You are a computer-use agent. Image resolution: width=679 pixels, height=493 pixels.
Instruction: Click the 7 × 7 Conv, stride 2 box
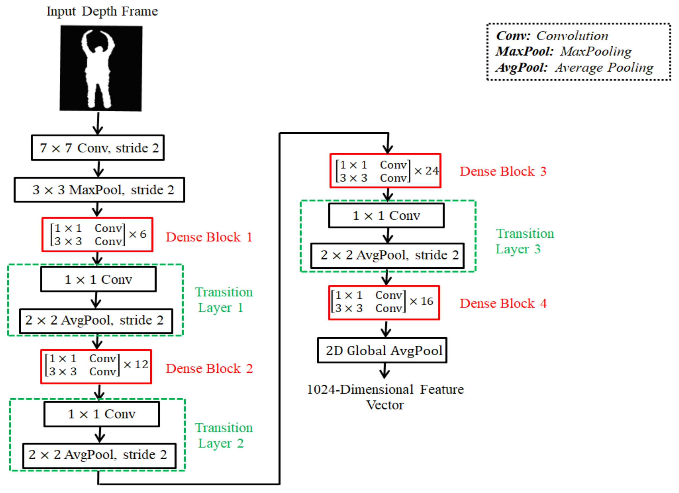[98, 148]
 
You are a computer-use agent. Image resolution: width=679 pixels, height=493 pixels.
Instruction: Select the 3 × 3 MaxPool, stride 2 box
[99, 190]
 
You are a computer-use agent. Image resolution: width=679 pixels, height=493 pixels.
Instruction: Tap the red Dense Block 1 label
[209, 237]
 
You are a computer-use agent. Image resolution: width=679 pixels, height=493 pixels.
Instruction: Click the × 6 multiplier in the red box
[138, 234]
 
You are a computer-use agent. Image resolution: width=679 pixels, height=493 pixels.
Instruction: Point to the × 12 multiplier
[136, 365]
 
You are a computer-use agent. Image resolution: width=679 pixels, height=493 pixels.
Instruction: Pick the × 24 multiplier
[427, 171]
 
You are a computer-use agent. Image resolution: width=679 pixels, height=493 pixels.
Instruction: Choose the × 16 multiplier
[421, 301]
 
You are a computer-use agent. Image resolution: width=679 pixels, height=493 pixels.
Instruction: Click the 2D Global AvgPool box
[382, 350]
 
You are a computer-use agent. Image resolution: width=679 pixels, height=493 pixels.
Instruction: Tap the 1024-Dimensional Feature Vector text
[385, 397]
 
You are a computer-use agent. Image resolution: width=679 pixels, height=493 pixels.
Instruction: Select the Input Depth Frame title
[102, 11]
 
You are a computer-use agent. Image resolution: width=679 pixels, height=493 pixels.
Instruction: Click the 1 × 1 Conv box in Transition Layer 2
[102, 414]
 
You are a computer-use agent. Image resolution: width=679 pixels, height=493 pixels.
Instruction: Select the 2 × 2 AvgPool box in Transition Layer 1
[96, 321]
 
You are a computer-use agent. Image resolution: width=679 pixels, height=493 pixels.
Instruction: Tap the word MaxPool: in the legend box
[524, 52]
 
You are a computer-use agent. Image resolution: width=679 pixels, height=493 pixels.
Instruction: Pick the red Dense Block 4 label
[503, 303]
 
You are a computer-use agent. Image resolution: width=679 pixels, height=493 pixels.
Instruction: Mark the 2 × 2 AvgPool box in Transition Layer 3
[388, 255]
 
